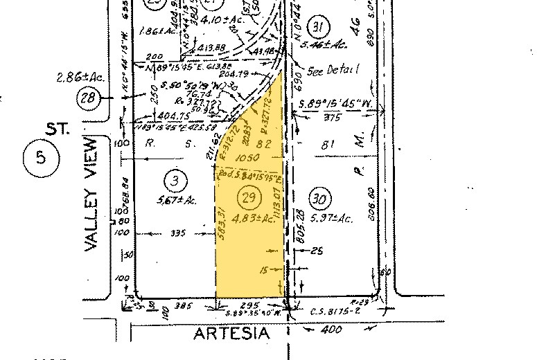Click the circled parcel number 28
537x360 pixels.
pos(107,98)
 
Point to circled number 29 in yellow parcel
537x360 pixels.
pos(249,197)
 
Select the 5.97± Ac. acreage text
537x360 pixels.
pos(332,218)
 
